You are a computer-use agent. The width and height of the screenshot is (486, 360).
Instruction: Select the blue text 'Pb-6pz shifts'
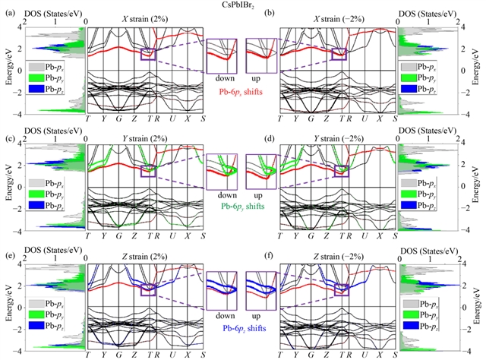click(x=242, y=327)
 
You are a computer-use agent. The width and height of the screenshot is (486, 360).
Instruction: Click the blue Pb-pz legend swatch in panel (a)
click(x=35, y=90)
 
